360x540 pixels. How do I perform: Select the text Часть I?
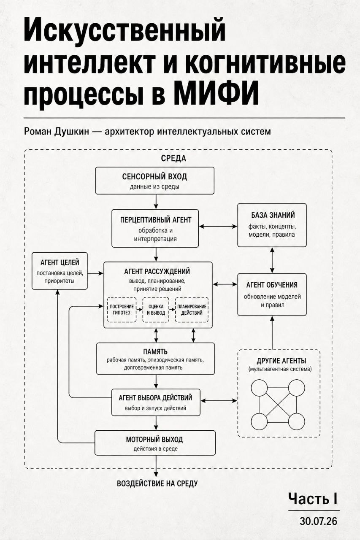click(x=313, y=498)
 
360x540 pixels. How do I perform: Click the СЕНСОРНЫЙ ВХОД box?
click(x=155, y=181)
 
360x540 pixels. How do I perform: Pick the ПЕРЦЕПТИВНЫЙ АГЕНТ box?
click(x=155, y=228)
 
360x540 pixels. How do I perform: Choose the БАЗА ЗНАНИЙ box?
click(x=272, y=225)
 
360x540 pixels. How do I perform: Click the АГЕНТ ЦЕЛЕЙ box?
click(x=60, y=271)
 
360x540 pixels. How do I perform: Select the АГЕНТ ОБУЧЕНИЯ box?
click(x=272, y=294)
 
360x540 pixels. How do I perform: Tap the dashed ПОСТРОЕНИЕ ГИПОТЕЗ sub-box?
click(x=122, y=310)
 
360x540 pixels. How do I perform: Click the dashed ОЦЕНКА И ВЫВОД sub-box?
click(x=156, y=310)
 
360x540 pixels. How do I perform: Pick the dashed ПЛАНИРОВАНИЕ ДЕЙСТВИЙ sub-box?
click(x=192, y=310)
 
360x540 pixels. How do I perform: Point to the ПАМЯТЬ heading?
click(x=155, y=352)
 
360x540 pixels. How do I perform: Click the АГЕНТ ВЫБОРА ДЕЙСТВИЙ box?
click(x=156, y=402)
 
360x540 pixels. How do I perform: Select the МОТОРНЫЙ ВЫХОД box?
click(x=155, y=443)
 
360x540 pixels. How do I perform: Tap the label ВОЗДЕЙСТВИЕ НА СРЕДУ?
click(x=157, y=483)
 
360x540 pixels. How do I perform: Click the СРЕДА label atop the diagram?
click(x=173, y=158)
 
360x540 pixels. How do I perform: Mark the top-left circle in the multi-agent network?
click(x=259, y=388)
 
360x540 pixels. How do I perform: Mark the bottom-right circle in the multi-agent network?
click(x=297, y=421)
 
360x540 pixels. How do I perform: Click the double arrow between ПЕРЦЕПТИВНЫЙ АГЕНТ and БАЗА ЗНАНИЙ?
click(x=218, y=227)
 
